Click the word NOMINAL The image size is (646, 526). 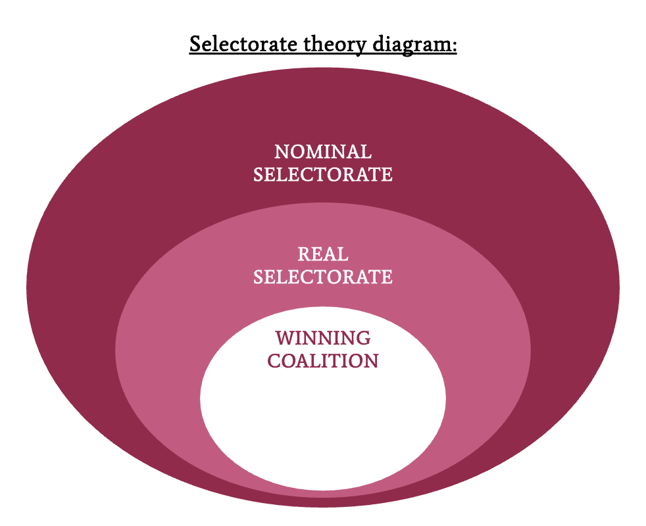tap(322, 152)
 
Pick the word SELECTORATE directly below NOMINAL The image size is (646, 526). tap(322, 175)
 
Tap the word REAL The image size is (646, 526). tap(322, 254)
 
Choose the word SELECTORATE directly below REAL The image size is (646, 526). tap(322, 277)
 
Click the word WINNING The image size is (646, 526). tap(322, 338)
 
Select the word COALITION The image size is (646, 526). tap(322, 361)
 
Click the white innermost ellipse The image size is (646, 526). tap(322, 421)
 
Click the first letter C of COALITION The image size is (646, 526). tap(274, 361)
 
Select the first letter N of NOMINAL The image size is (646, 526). tap(281, 152)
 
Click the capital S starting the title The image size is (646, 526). tap(195, 44)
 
